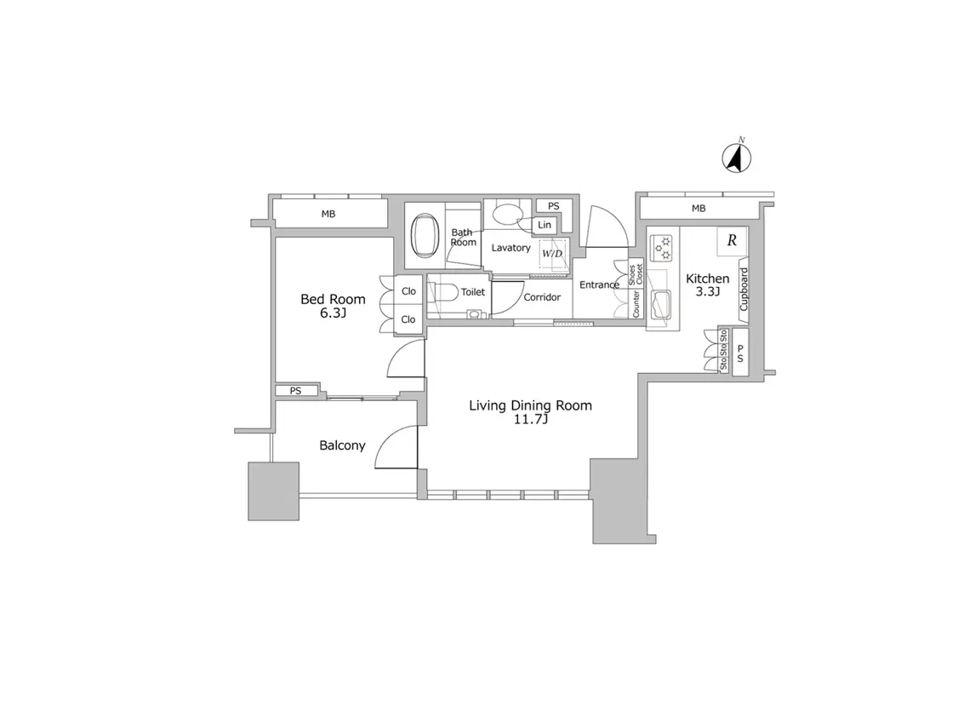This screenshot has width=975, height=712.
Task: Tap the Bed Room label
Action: (x=334, y=299)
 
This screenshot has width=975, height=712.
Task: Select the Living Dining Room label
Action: (x=531, y=405)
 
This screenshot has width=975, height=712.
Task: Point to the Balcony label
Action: (x=342, y=445)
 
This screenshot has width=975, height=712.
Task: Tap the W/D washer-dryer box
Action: (x=552, y=254)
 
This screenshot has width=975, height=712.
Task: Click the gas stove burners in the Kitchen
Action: (x=662, y=248)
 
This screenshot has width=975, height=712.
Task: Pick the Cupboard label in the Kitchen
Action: (x=744, y=290)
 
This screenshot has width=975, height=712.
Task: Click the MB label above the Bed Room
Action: (x=328, y=214)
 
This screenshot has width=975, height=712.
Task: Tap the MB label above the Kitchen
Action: (x=698, y=209)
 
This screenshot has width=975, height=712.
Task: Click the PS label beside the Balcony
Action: (x=295, y=391)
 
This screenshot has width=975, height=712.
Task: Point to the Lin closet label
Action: (x=545, y=225)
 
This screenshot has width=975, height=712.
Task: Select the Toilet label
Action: (x=472, y=292)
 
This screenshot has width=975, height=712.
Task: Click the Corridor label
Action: (x=542, y=297)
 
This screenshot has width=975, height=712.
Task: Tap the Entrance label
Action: (x=599, y=284)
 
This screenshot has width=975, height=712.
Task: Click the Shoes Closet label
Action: (x=635, y=274)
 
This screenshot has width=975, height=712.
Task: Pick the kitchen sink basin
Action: (x=661, y=305)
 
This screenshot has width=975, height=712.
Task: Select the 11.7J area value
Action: (x=531, y=421)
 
